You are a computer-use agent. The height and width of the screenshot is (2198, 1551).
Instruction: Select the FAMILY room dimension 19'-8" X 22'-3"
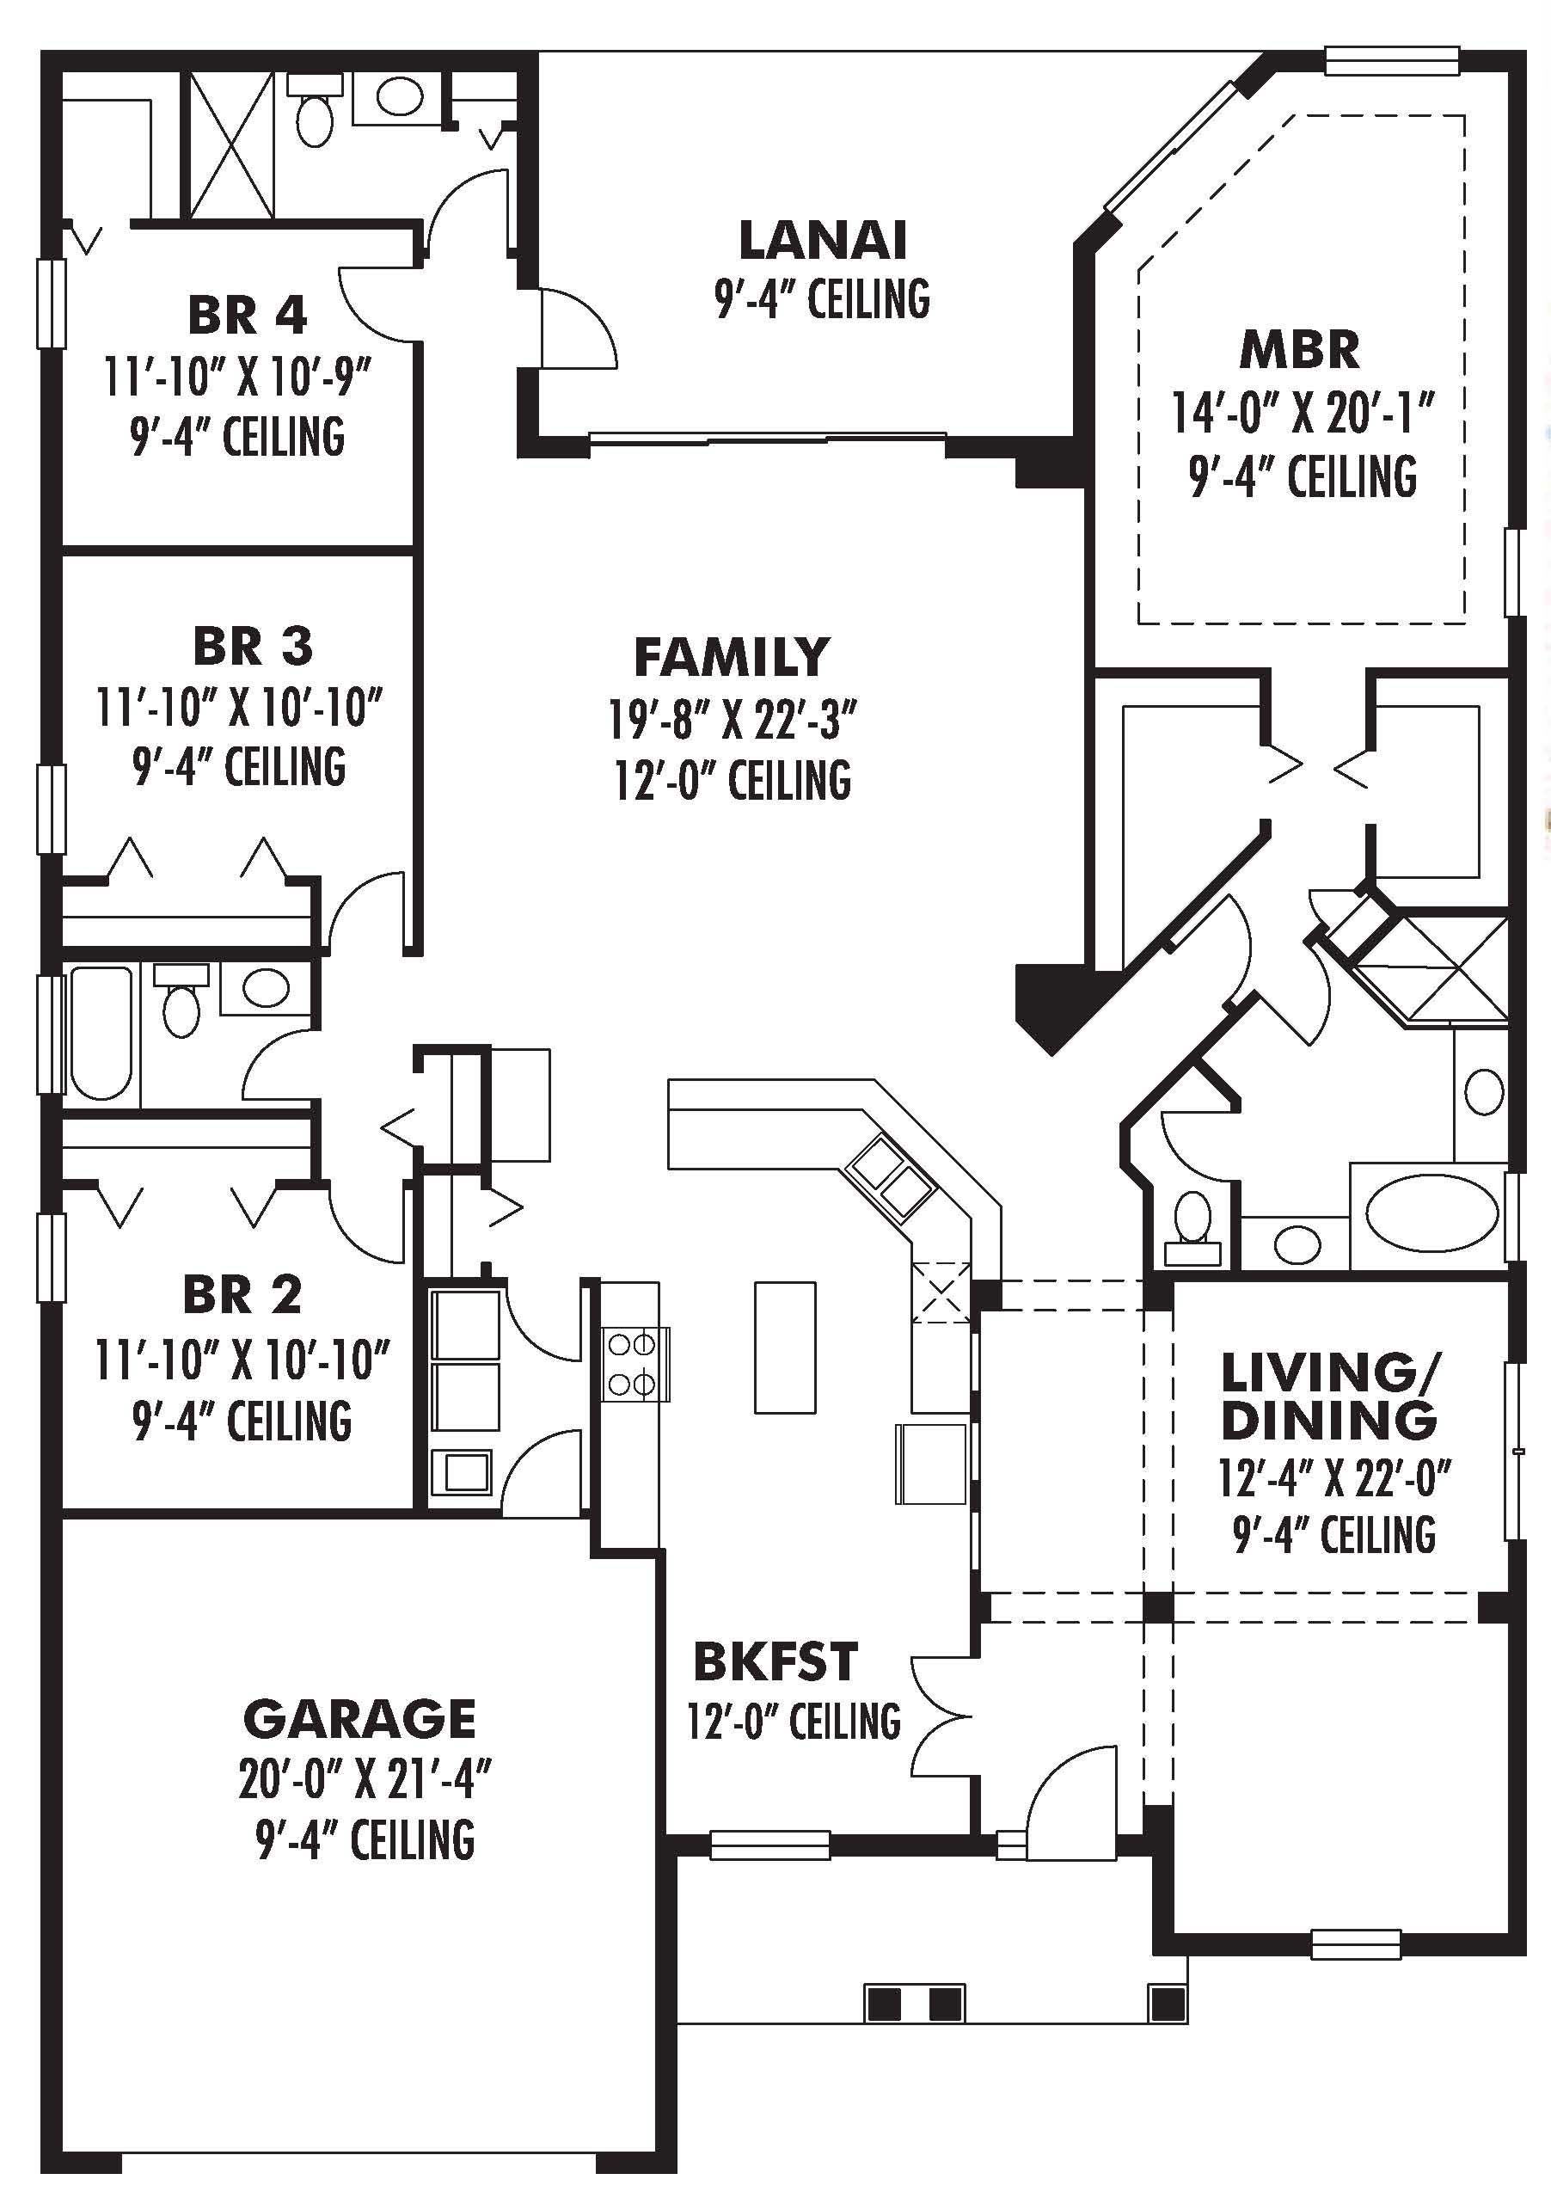[x=733, y=721]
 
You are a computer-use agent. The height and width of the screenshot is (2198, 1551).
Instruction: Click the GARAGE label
[x=359, y=1719]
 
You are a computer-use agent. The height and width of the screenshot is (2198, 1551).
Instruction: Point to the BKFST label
[x=775, y=1662]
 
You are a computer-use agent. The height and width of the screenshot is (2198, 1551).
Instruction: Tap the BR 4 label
[x=247, y=315]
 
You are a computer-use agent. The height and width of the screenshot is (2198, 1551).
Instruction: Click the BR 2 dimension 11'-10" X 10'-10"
[x=242, y=1360]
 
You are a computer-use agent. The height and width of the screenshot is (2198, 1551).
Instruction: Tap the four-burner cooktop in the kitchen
[x=632, y=1364]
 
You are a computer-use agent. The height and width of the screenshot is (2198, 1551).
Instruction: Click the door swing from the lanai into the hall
[x=576, y=328]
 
